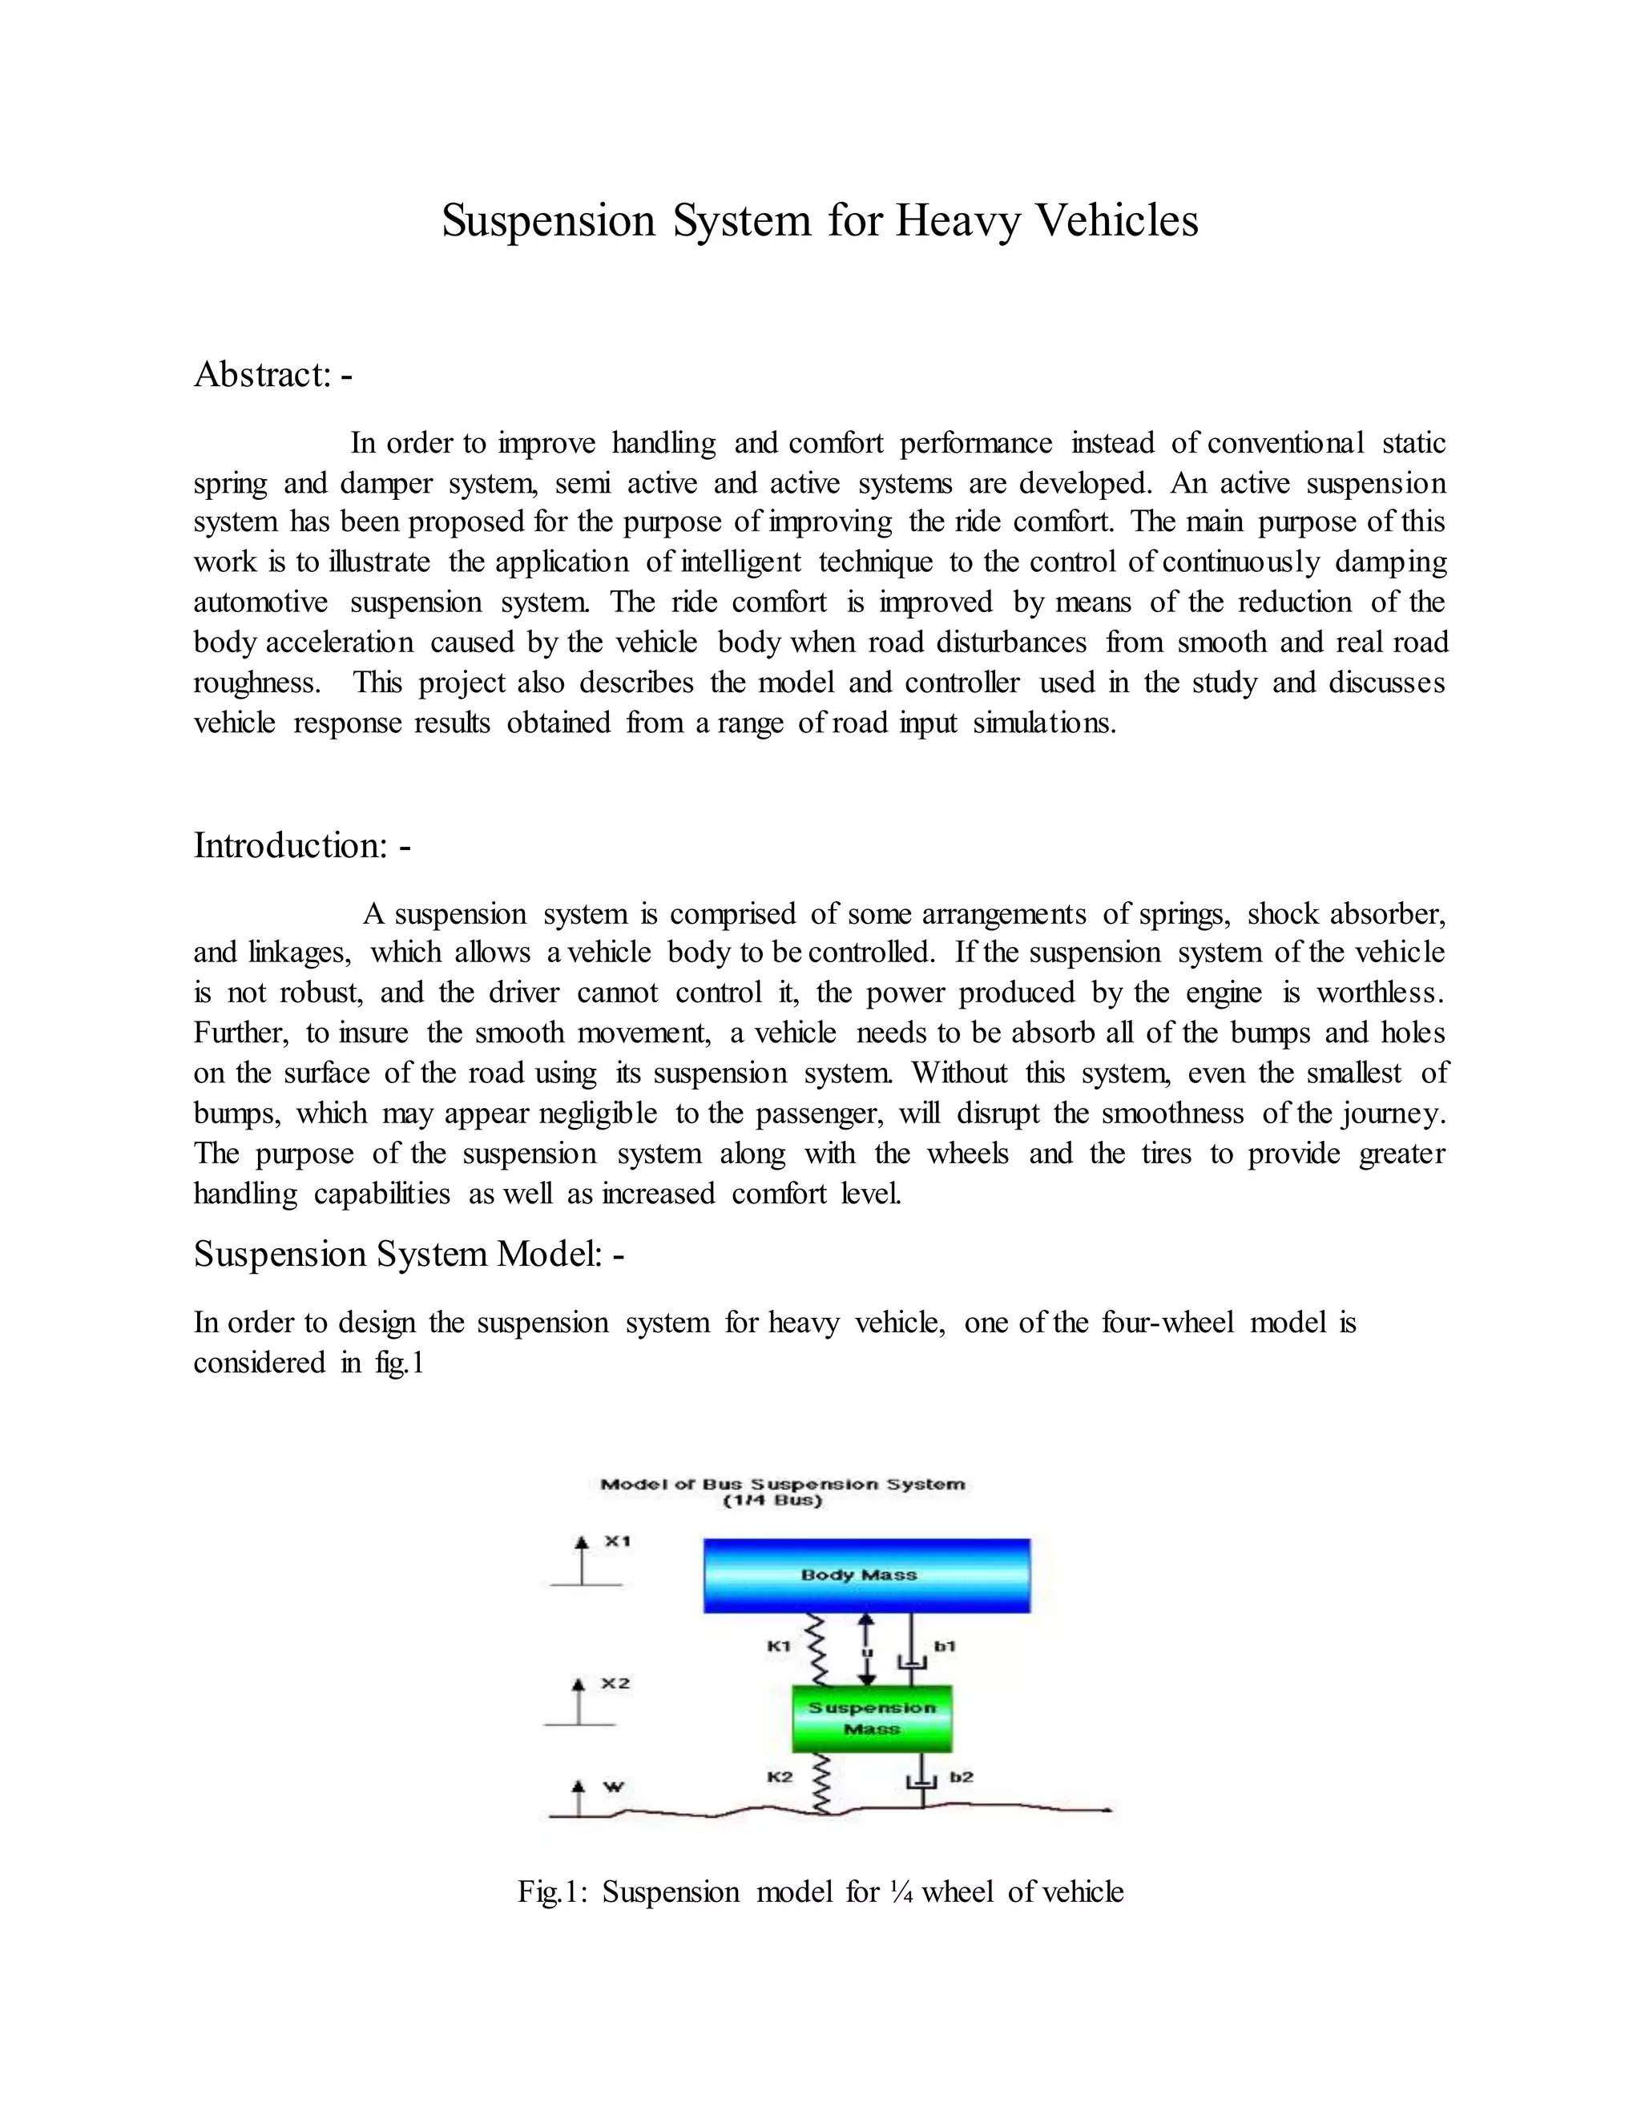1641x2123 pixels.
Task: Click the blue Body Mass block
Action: [866, 1575]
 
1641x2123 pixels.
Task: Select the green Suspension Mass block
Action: [872, 1718]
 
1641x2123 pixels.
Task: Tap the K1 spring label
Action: [779, 1646]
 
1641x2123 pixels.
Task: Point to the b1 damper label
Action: [945, 1646]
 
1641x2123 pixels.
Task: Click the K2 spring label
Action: [780, 1777]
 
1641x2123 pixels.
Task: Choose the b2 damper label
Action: [961, 1777]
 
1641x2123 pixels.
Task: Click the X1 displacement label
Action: [617, 1541]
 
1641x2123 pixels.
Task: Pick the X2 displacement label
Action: [615, 1682]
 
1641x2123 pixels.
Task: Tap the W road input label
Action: [615, 1787]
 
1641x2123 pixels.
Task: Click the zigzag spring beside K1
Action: [816, 1650]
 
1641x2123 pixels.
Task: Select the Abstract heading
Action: [272, 374]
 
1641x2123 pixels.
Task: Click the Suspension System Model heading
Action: [409, 1254]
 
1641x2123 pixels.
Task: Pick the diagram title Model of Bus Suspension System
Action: [783, 1484]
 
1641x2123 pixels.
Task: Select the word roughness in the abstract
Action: [256, 683]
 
